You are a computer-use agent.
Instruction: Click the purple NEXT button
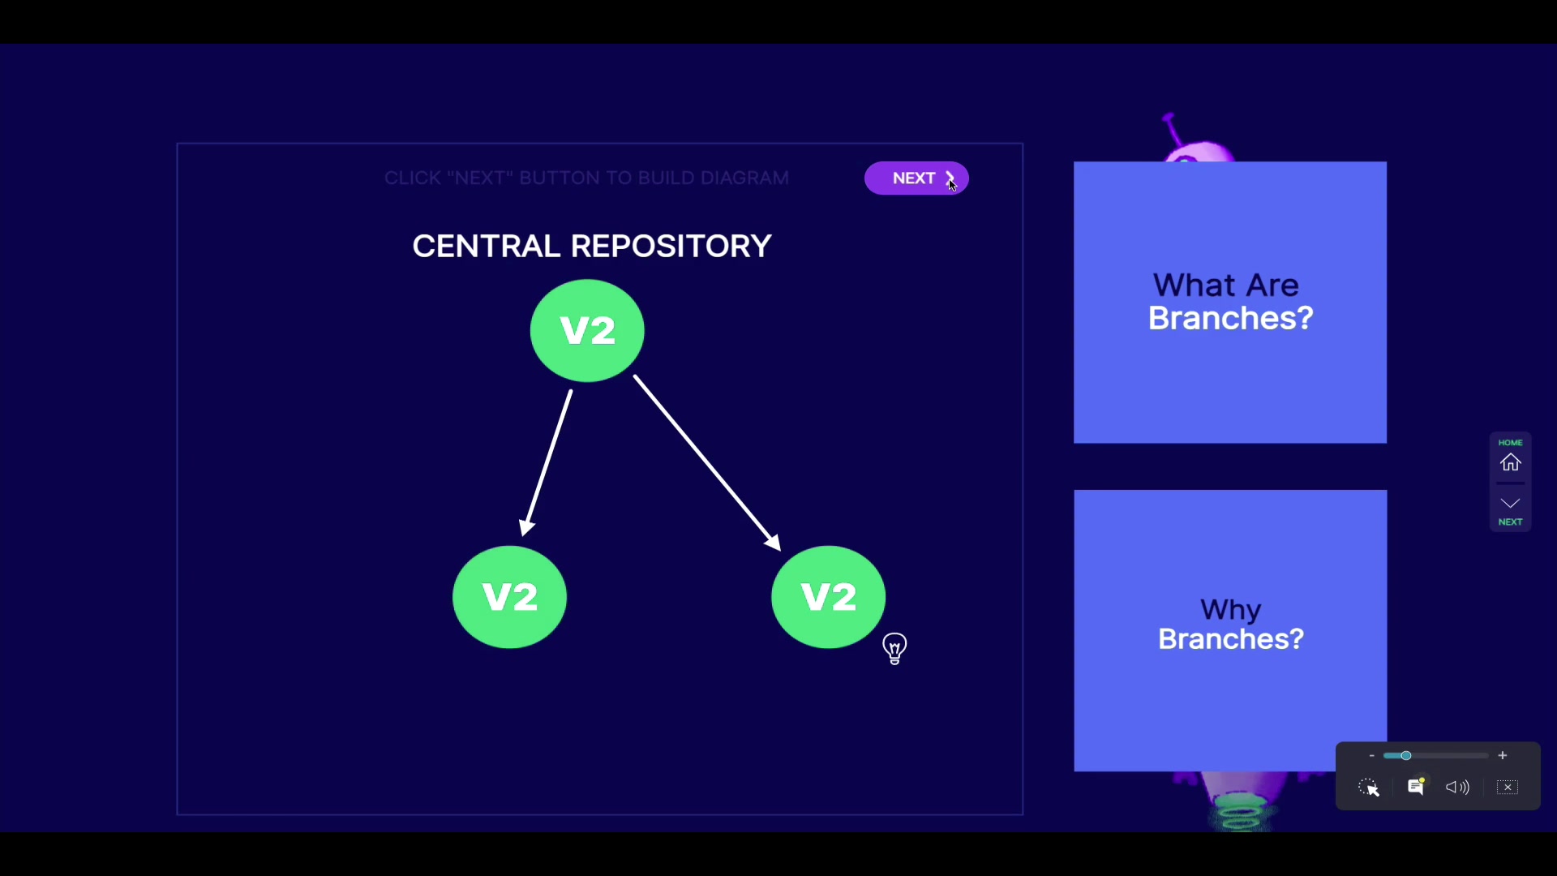[x=916, y=178]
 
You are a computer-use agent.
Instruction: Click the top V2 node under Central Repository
[x=587, y=330]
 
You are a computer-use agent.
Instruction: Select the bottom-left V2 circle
[x=509, y=597]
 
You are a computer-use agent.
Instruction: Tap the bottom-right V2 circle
[x=828, y=597]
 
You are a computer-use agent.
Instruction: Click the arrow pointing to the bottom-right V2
[x=706, y=462]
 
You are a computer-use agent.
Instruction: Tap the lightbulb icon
[x=894, y=649]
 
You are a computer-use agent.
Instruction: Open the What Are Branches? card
[x=1229, y=303]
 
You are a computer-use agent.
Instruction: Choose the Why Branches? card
[x=1229, y=630]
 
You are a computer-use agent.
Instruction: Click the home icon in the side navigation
[x=1510, y=462]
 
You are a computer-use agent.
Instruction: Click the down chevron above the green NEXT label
[x=1510, y=504]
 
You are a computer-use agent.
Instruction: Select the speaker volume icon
[x=1457, y=787]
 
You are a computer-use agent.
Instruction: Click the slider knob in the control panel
[x=1406, y=756]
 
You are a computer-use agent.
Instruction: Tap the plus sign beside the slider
[x=1503, y=756]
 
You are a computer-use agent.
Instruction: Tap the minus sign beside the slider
[x=1371, y=756]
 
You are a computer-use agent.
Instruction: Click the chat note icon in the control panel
[x=1416, y=787]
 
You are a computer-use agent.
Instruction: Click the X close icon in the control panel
[x=1508, y=787]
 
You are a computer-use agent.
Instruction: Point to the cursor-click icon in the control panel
[x=1369, y=788]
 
